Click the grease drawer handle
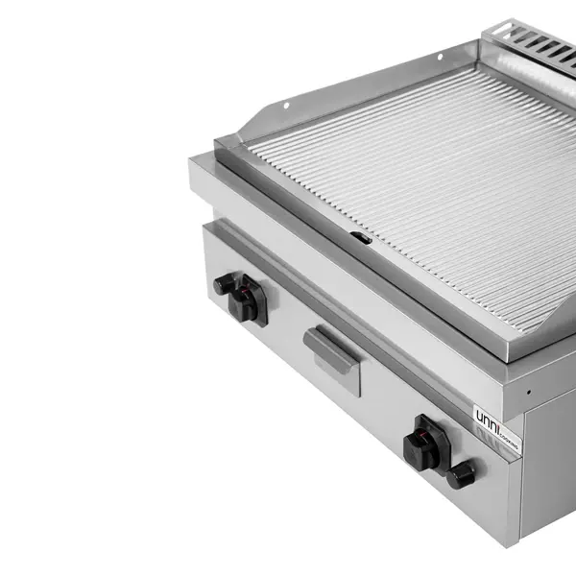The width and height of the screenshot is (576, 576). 331,346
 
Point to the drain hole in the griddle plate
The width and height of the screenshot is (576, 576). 359,236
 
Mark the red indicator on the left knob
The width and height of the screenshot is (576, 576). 252,284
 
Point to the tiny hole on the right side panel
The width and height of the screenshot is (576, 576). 528,392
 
